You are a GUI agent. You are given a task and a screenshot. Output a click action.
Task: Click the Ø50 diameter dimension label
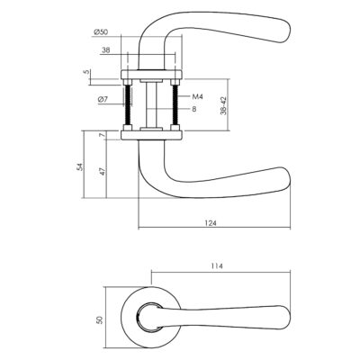[101, 31]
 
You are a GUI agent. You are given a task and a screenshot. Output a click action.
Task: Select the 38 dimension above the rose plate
[105, 50]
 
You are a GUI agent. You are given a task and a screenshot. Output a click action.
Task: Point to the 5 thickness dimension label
[87, 72]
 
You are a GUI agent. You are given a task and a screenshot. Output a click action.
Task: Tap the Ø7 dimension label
[103, 99]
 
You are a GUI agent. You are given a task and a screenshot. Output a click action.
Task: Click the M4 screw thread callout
[197, 96]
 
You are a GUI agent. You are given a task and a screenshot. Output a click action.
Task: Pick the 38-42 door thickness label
[222, 105]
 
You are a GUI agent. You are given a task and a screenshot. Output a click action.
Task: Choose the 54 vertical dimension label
[79, 167]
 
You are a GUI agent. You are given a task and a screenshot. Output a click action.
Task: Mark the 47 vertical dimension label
[102, 172]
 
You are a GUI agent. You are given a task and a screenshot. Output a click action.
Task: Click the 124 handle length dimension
[211, 223]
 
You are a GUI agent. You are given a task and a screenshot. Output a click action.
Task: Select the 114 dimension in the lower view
[217, 265]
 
